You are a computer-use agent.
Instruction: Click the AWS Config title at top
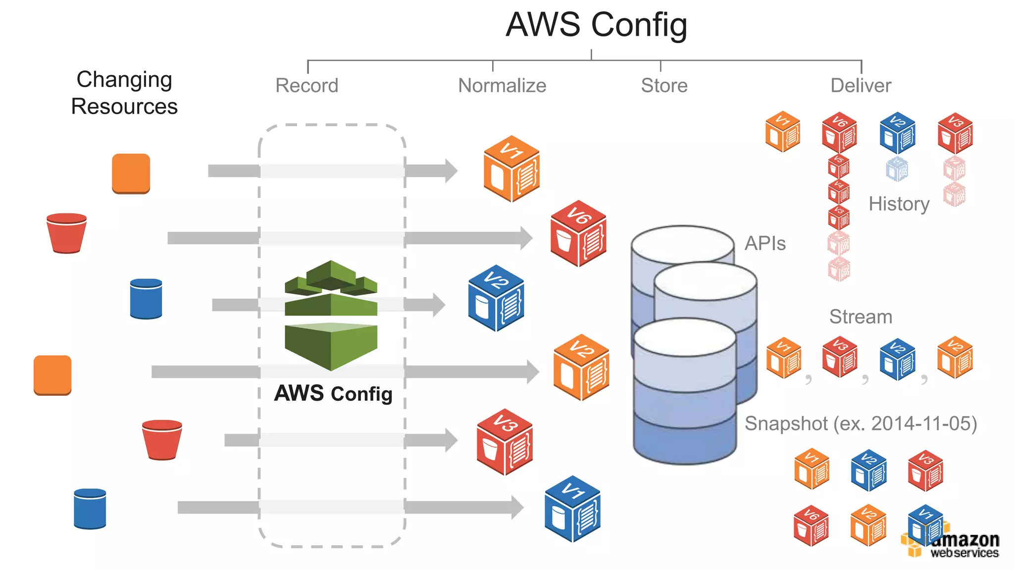point(596,25)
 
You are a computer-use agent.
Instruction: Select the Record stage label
point(307,86)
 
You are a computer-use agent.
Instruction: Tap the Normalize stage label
point(502,86)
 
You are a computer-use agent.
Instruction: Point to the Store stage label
point(664,86)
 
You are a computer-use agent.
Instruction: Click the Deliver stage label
point(861,86)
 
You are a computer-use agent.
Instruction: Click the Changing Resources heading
point(124,93)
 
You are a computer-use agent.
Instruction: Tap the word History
point(899,204)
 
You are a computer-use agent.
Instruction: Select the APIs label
point(765,243)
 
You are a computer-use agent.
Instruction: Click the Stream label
point(861,317)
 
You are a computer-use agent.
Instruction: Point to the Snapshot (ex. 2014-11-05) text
point(861,424)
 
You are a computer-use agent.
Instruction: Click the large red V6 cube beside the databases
point(578,234)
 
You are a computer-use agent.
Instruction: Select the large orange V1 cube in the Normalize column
point(511,169)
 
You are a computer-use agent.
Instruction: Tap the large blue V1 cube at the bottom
point(572,509)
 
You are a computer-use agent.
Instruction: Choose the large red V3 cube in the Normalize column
point(505,442)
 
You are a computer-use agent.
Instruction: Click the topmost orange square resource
point(131,173)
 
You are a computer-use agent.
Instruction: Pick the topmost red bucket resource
point(66,233)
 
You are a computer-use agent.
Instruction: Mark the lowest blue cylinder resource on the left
point(90,509)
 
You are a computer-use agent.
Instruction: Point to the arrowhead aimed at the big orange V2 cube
point(533,372)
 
